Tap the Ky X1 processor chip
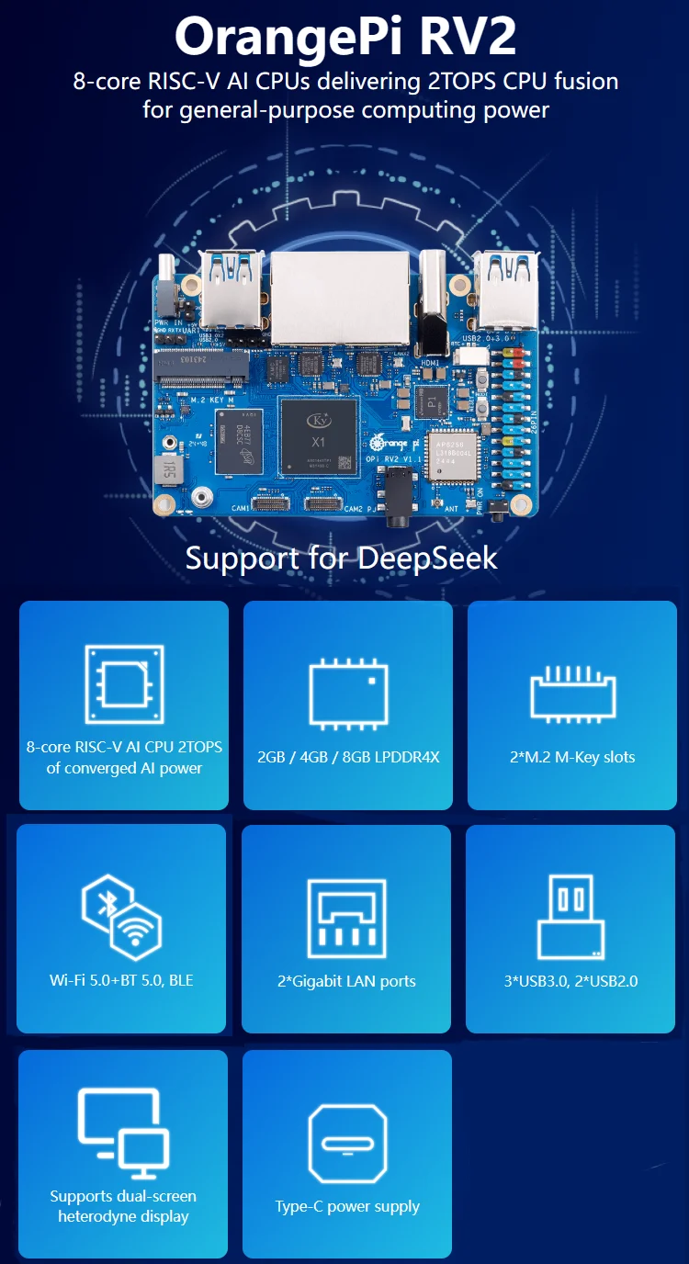tap(319, 437)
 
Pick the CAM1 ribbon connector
tap(270, 505)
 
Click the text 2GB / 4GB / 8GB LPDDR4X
tap(348, 757)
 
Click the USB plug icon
tap(570, 917)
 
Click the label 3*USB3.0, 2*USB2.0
tap(570, 981)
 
